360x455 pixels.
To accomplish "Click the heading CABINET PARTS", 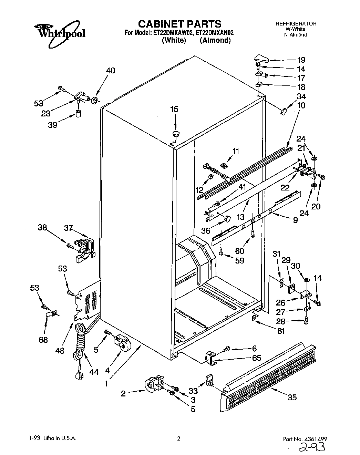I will coord(179,24).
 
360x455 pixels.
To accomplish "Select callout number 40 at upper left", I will coord(111,70).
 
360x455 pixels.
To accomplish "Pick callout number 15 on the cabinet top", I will coord(174,109).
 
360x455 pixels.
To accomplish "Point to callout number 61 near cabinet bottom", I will coord(281,331).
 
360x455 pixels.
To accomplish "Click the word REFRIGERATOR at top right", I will coord(296,24).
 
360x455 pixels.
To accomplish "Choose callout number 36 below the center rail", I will coord(206,230).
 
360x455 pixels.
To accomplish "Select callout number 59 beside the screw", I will coord(239,260).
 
